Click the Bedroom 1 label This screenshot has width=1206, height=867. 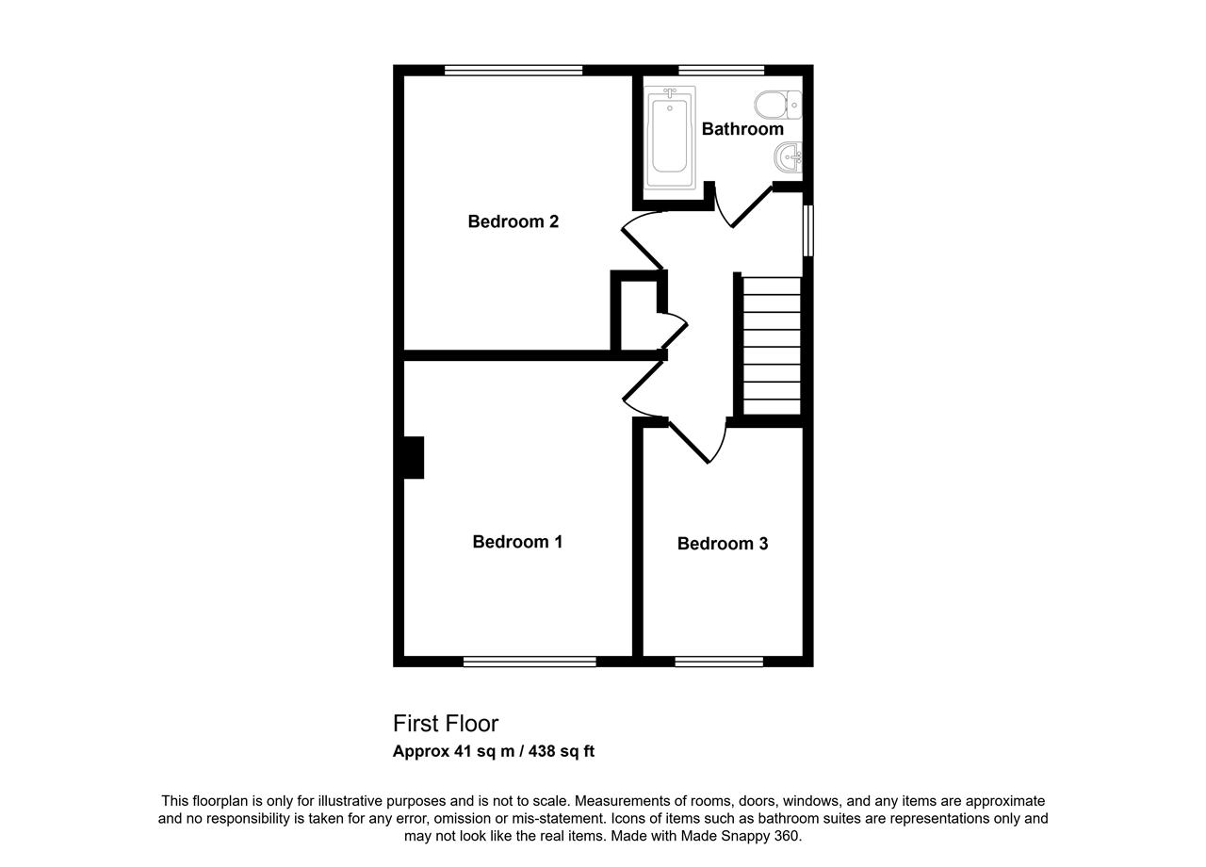[x=517, y=542]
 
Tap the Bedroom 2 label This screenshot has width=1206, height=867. [x=513, y=221]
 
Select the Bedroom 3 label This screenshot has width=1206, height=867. [x=723, y=544]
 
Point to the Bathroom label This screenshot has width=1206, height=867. [x=742, y=129]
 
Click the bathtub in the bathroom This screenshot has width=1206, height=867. [x=670, y=137]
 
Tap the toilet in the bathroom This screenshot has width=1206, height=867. [x=778, y=105]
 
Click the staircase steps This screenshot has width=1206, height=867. [x=772, y=346]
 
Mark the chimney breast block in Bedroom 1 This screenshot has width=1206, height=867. [x=414, y=457]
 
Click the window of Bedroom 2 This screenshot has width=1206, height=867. [x=513, y=70]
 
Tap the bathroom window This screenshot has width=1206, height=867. [x=722, y=70]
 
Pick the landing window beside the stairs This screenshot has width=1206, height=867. [x=808, y=231]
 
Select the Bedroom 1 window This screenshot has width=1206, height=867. [x=530, y=662]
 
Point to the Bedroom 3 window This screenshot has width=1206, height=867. [x=719, y=662]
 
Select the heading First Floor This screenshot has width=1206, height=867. [x=446, y=723]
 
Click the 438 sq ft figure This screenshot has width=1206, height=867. [x=562, y=751]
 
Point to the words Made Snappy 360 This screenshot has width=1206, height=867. [x=740, y=836]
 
